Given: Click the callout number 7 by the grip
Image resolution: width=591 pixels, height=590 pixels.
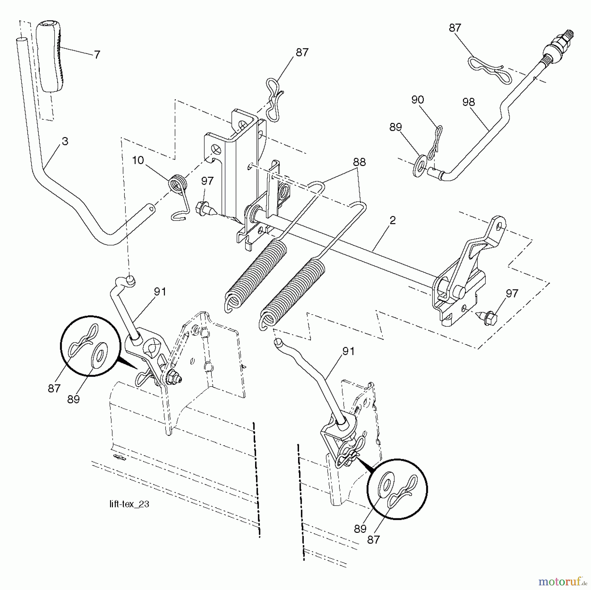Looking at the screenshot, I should point(97,55).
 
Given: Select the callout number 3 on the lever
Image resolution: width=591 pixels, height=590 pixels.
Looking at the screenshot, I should point(65,142).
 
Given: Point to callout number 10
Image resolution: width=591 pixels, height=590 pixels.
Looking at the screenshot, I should point(138,160).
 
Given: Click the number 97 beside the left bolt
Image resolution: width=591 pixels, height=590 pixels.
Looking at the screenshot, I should point(207,181).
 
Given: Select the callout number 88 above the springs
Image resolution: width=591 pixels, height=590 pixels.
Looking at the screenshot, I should point(359,162).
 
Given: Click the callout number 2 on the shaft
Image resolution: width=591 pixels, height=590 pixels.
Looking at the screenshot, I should point(392,221).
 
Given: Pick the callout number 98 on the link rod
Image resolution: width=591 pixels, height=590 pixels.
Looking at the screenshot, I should point(468,102).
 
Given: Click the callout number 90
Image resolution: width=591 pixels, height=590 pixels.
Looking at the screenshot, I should point(417,100).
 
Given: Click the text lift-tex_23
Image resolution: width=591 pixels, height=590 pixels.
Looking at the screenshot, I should point(129,504).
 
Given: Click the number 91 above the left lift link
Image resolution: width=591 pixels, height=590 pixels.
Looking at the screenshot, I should point(160,292).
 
